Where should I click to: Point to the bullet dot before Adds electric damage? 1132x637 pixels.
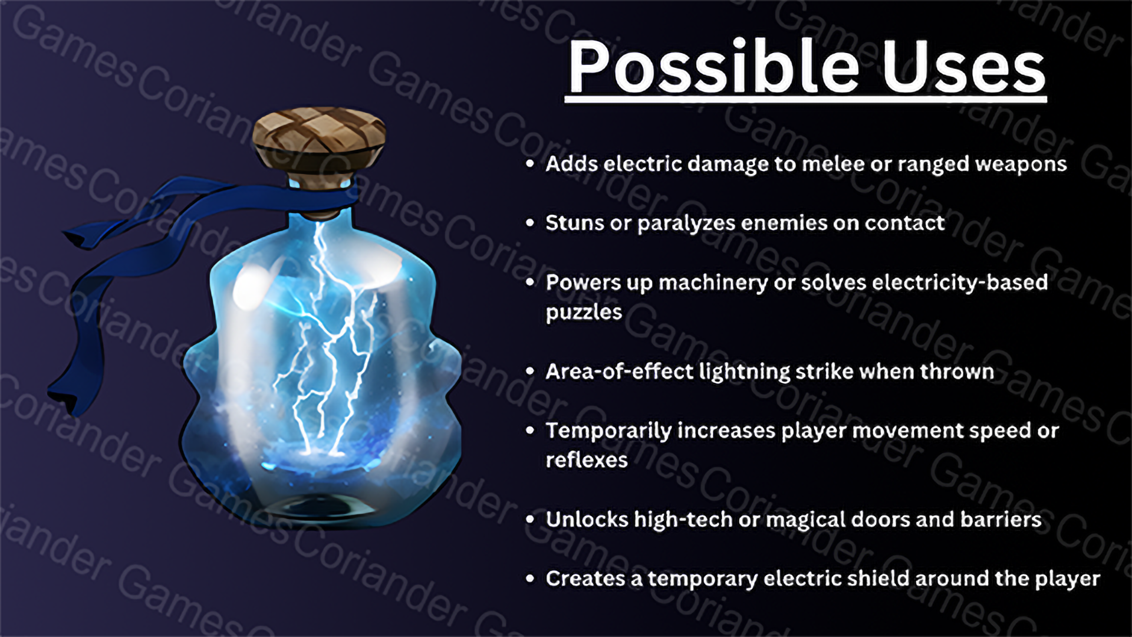click(530, 164)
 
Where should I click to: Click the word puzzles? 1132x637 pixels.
click(584, 313)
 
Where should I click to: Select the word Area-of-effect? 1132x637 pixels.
click(619, 372)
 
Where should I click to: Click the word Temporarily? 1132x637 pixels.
click(608, 431)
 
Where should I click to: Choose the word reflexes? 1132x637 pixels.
click(587, 460)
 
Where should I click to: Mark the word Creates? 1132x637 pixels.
click(585, 579)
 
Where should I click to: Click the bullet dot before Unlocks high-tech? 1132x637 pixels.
click(530, 520)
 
